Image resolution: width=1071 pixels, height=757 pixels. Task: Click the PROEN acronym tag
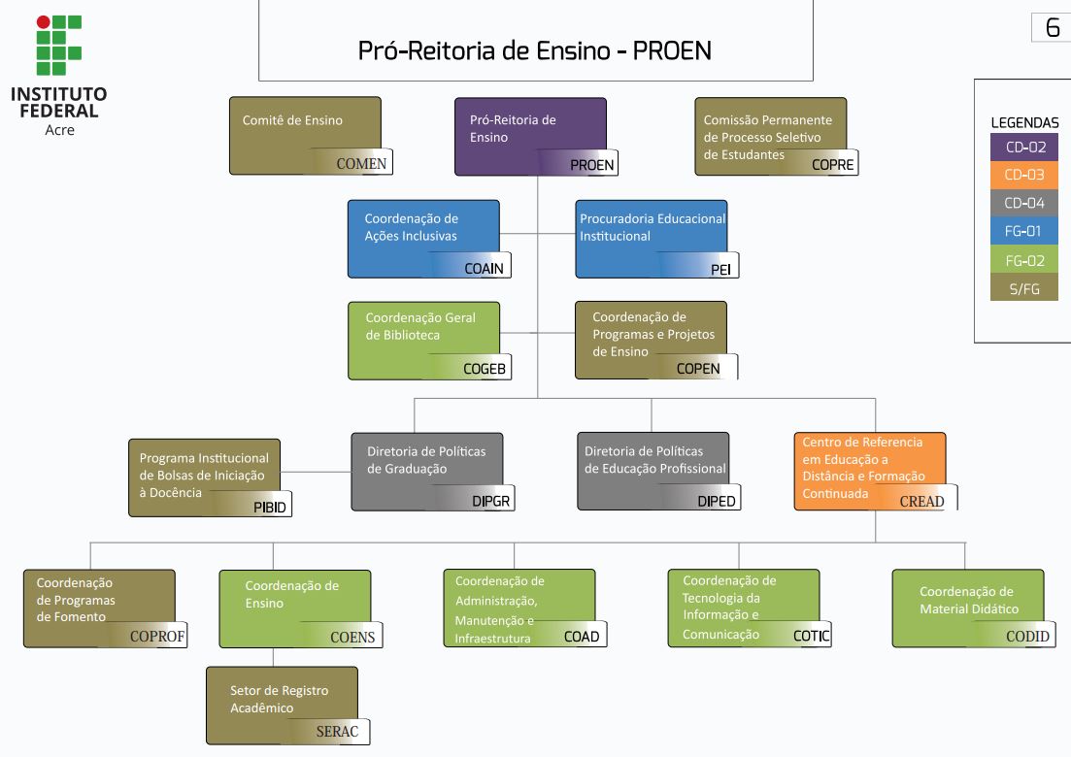click(x=591, y=164)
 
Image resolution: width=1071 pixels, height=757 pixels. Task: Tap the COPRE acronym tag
click(x=832, y=164)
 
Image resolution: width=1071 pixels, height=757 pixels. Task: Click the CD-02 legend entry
click(x=1024, y=148)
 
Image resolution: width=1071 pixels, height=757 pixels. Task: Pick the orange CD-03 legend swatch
click(x=1024, y=176)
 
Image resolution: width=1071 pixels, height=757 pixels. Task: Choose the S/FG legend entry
click(x=1024, y=288)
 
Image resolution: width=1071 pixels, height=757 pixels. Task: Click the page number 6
click(x=1052, y=29)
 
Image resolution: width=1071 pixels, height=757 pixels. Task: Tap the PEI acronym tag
click(x=720, y=269)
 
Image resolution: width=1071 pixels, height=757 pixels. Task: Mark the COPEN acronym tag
click(x=698, y=368)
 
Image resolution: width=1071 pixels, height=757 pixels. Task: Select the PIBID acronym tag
click(x=269, y=507)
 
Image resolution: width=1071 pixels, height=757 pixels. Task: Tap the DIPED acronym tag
click(x=717, y=501)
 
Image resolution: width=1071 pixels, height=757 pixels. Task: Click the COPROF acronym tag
click(x=157, y=637)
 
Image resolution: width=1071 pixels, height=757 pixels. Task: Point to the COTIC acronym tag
click(x=811, y=636)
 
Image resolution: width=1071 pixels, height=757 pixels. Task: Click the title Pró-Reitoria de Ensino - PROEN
click(x=535, y=50)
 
